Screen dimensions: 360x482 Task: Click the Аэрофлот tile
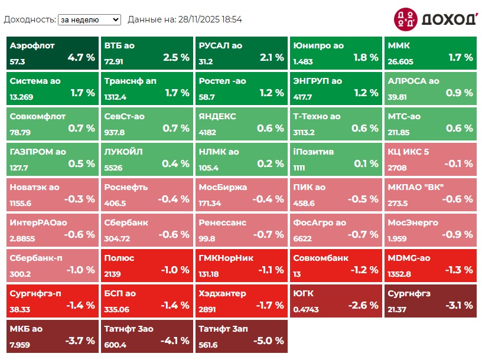(52, 52)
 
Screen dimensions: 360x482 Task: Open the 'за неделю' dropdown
(89, 19)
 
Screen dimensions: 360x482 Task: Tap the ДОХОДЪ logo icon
(405, 19)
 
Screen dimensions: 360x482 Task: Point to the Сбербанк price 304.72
(117, 238)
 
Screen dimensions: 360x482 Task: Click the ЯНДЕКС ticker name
(217, 116)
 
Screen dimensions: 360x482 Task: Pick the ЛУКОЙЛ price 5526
(113, 168)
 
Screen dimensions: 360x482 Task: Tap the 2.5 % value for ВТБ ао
(176, 58)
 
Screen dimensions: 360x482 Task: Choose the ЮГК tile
(336, 300)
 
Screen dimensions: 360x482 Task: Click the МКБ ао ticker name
(26, 329)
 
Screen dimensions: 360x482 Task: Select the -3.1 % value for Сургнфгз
(458, 306)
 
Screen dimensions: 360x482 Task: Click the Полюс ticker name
(119, 258)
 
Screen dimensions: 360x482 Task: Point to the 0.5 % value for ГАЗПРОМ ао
(82, 164)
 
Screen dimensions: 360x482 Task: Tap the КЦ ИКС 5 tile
(430, 158)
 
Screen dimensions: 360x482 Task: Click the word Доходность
(29, 19)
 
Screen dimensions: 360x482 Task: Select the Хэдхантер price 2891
(208, 309)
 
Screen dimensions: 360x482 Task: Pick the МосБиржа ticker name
(223, 187)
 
